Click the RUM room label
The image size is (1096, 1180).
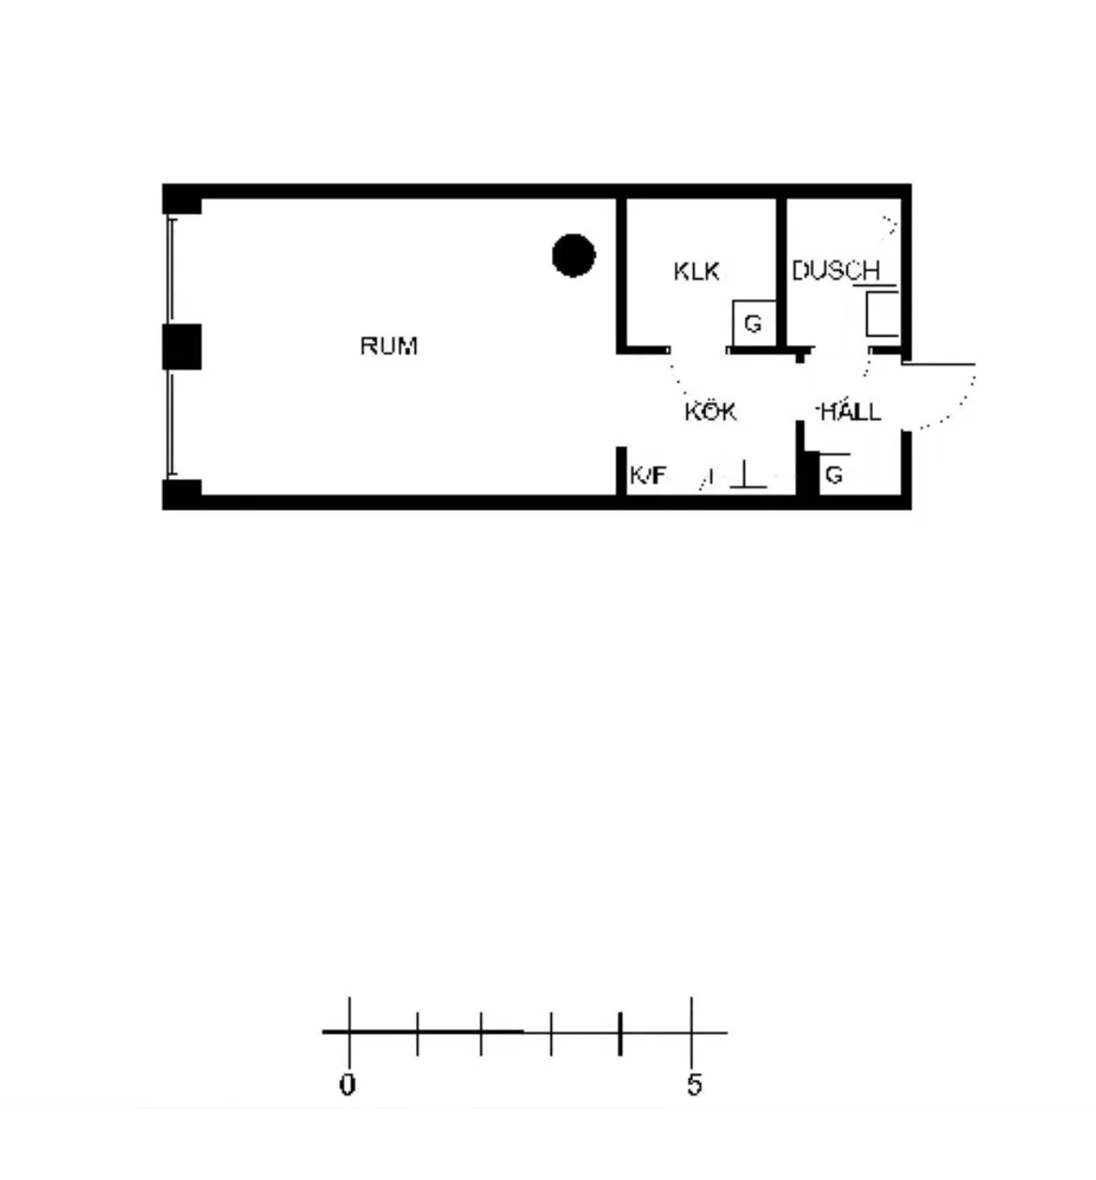[x=389, y=346]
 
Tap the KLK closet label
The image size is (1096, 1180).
[x=696, y=272]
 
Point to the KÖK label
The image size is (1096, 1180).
[x=710, y=411]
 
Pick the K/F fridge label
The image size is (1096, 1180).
[x=648, y=475]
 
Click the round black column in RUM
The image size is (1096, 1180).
[x=573, y=256]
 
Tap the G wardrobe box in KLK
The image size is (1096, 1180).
[x=754, y=323]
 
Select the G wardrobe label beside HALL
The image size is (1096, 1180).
[x=834, y=475]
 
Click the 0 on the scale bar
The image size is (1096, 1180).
[x=348, y=1085]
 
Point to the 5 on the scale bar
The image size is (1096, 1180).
[x=694, y=1085]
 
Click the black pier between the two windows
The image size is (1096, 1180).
[x=182, y=347]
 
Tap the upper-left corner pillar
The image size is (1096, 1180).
[x=182, y=200]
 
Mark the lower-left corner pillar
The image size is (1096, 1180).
[x=182, y=494]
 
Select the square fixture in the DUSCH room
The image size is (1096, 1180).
[x=882, y=314]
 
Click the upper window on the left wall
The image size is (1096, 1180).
[x=171, y=272]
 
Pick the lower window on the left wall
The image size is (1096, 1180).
[x=171, y=424]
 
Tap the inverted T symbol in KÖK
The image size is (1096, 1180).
[x=748, y=475]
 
